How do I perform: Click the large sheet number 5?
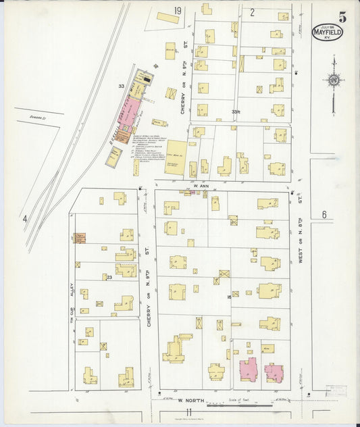click(x=342, y=18)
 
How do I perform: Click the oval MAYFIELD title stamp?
click(x=327, y=32)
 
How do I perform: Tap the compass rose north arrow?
click(x=333, y=80)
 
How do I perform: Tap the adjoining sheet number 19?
click(x=178, y=11)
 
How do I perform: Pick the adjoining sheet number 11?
click(x=189, y=412)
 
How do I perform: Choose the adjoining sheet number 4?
click(x=25, y=218)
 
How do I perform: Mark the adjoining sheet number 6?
click(x=324, y=215)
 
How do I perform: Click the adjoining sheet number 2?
click(x=252, y=11)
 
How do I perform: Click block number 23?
click(x=107, y=277)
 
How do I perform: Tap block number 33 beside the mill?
click(x=121, y=86)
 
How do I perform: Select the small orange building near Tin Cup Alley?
click(x=80, y=238)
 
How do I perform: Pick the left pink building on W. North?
click(x=249, y=370)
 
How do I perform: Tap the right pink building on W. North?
click(x=274, y=372)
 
